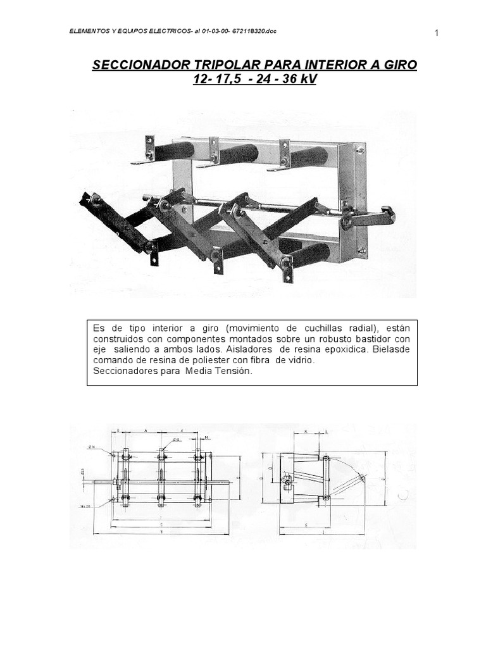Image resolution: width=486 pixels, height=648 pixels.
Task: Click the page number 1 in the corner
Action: tap(437, 34)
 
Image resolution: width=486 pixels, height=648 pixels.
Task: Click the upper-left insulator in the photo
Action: tap(173, 150)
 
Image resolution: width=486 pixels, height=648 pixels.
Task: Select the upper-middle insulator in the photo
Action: tap(239, 154)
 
